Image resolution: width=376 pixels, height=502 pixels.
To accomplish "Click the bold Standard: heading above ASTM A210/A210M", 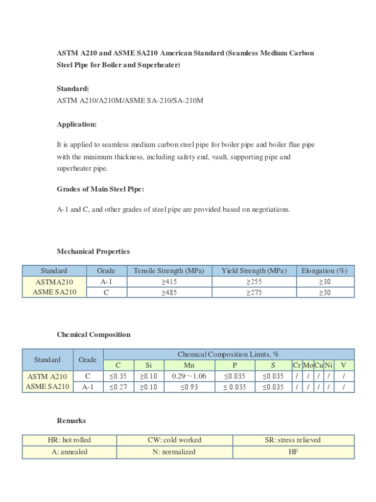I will tap(73, 89).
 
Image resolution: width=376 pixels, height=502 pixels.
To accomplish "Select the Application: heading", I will tap(77, 125).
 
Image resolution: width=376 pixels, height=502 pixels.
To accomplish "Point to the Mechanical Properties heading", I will tap(94, 251).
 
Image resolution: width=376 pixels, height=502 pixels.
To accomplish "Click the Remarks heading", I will tap(71, 421).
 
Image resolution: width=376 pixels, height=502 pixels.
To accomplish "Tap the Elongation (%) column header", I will tap(325, 271).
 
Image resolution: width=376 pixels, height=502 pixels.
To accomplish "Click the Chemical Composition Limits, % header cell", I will tap(228, 354).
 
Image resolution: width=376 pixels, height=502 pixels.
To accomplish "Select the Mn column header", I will tap(188, 365).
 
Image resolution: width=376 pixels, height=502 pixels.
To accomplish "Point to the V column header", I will tap(344, 365).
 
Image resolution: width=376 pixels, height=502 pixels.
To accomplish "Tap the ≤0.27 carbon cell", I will tap(118, 387).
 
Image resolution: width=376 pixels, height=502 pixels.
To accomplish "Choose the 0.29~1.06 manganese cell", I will tap(188, 376).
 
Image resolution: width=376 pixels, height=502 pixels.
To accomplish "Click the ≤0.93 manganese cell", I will tap(188, 387).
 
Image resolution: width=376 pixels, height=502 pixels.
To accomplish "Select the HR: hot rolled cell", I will tap(70, 440).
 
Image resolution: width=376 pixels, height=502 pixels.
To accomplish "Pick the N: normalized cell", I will tap(174, 452).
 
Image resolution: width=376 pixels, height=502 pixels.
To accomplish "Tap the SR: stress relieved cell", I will tap(293, 440).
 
